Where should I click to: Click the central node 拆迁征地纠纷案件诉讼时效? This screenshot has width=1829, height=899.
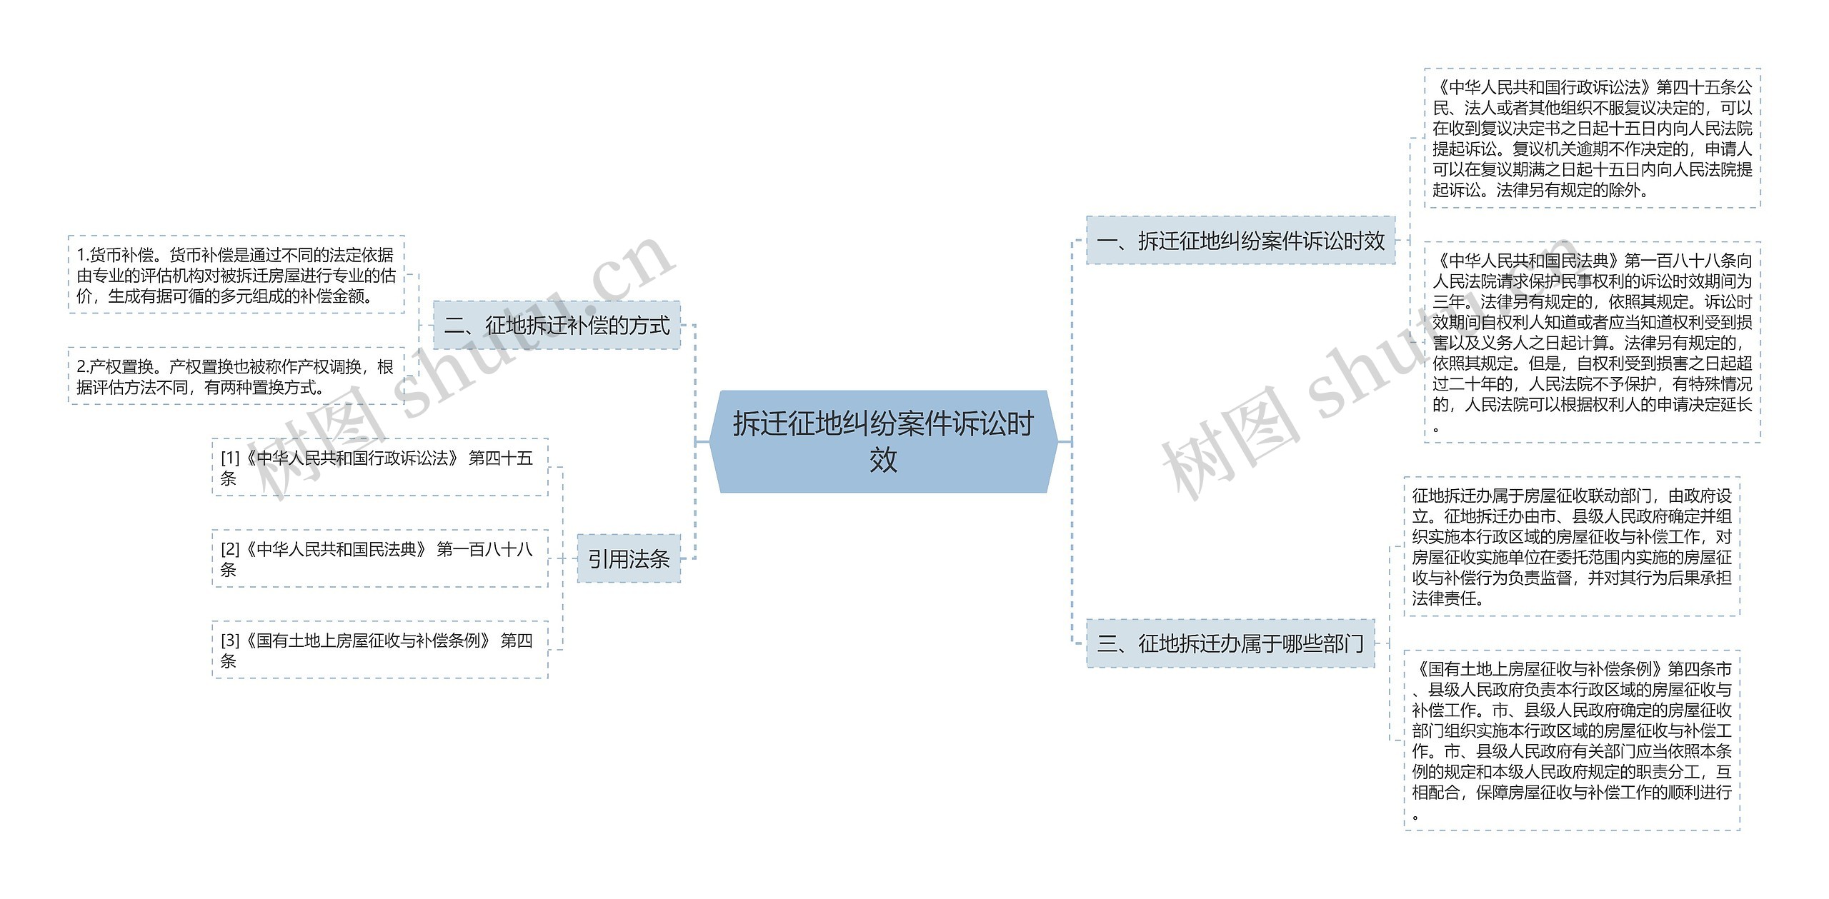pos(883,441)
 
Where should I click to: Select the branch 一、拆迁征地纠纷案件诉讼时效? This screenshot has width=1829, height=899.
pos(1240,241)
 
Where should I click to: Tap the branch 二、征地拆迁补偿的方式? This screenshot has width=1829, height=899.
pos(557,326)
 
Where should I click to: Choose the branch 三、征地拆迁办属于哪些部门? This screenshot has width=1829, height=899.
pos(1230,644)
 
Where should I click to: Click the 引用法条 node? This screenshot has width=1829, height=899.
pos(629,559)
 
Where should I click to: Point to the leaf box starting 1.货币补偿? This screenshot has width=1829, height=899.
pos(236,275)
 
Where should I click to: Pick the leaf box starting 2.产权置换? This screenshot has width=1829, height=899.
pos(236,377)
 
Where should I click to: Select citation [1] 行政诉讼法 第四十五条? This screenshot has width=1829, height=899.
pos(379,468)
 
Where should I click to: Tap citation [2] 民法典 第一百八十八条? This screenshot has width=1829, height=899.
pos(379,559)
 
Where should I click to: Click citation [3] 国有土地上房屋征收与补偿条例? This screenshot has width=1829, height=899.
pos(379,650)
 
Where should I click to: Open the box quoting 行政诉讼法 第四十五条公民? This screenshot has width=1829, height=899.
pos(1592,139)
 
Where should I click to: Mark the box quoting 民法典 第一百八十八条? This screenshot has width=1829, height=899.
pos(1592,343)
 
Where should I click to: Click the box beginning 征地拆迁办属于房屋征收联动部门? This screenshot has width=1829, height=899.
pos(1571,546)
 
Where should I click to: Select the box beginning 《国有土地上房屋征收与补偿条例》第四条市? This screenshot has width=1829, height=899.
pos(1571,740)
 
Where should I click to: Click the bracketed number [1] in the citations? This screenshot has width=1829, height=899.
pos(230,458)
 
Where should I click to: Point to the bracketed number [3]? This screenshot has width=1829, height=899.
pos(230,641)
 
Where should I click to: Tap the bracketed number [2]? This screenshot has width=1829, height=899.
pos(230,550)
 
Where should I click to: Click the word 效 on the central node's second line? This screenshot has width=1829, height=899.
pos(883,461)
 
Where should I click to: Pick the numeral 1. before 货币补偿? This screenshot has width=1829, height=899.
pos(82,256)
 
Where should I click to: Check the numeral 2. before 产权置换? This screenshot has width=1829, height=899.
pos(82,367)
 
